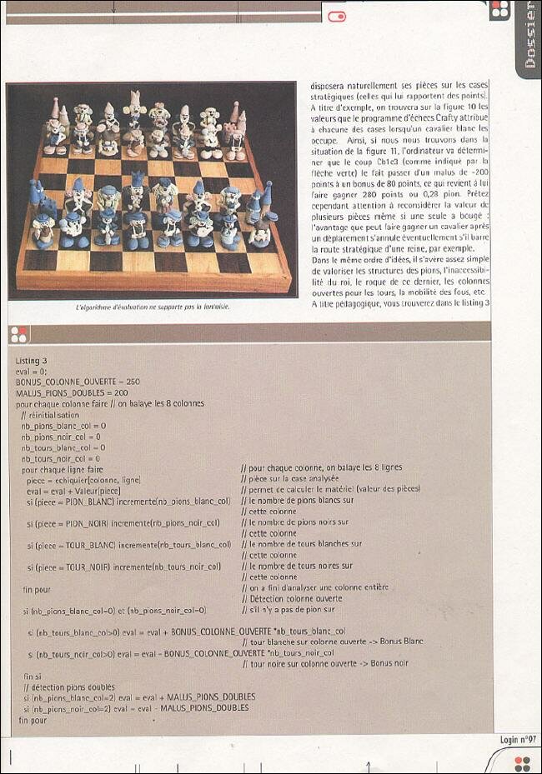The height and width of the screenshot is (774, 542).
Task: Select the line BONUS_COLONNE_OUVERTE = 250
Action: [x=78, y=382]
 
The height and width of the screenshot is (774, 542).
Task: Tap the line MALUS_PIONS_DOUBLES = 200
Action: [x=72, y=392]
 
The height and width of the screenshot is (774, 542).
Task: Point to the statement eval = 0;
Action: [x=31, y=371]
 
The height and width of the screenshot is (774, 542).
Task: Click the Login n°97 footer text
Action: [x=518, y=740]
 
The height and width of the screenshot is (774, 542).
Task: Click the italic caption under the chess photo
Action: [x=152, y=307]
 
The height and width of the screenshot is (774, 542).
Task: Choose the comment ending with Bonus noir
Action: [x=325, y=664]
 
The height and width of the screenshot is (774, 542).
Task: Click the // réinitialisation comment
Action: [x=50, y=415]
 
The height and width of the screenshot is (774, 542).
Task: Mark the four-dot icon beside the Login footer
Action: [x=523, y=762]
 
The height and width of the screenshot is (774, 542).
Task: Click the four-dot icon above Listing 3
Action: [x=18, y=334]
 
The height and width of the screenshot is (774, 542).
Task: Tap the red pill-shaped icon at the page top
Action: [x=337, y=16]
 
